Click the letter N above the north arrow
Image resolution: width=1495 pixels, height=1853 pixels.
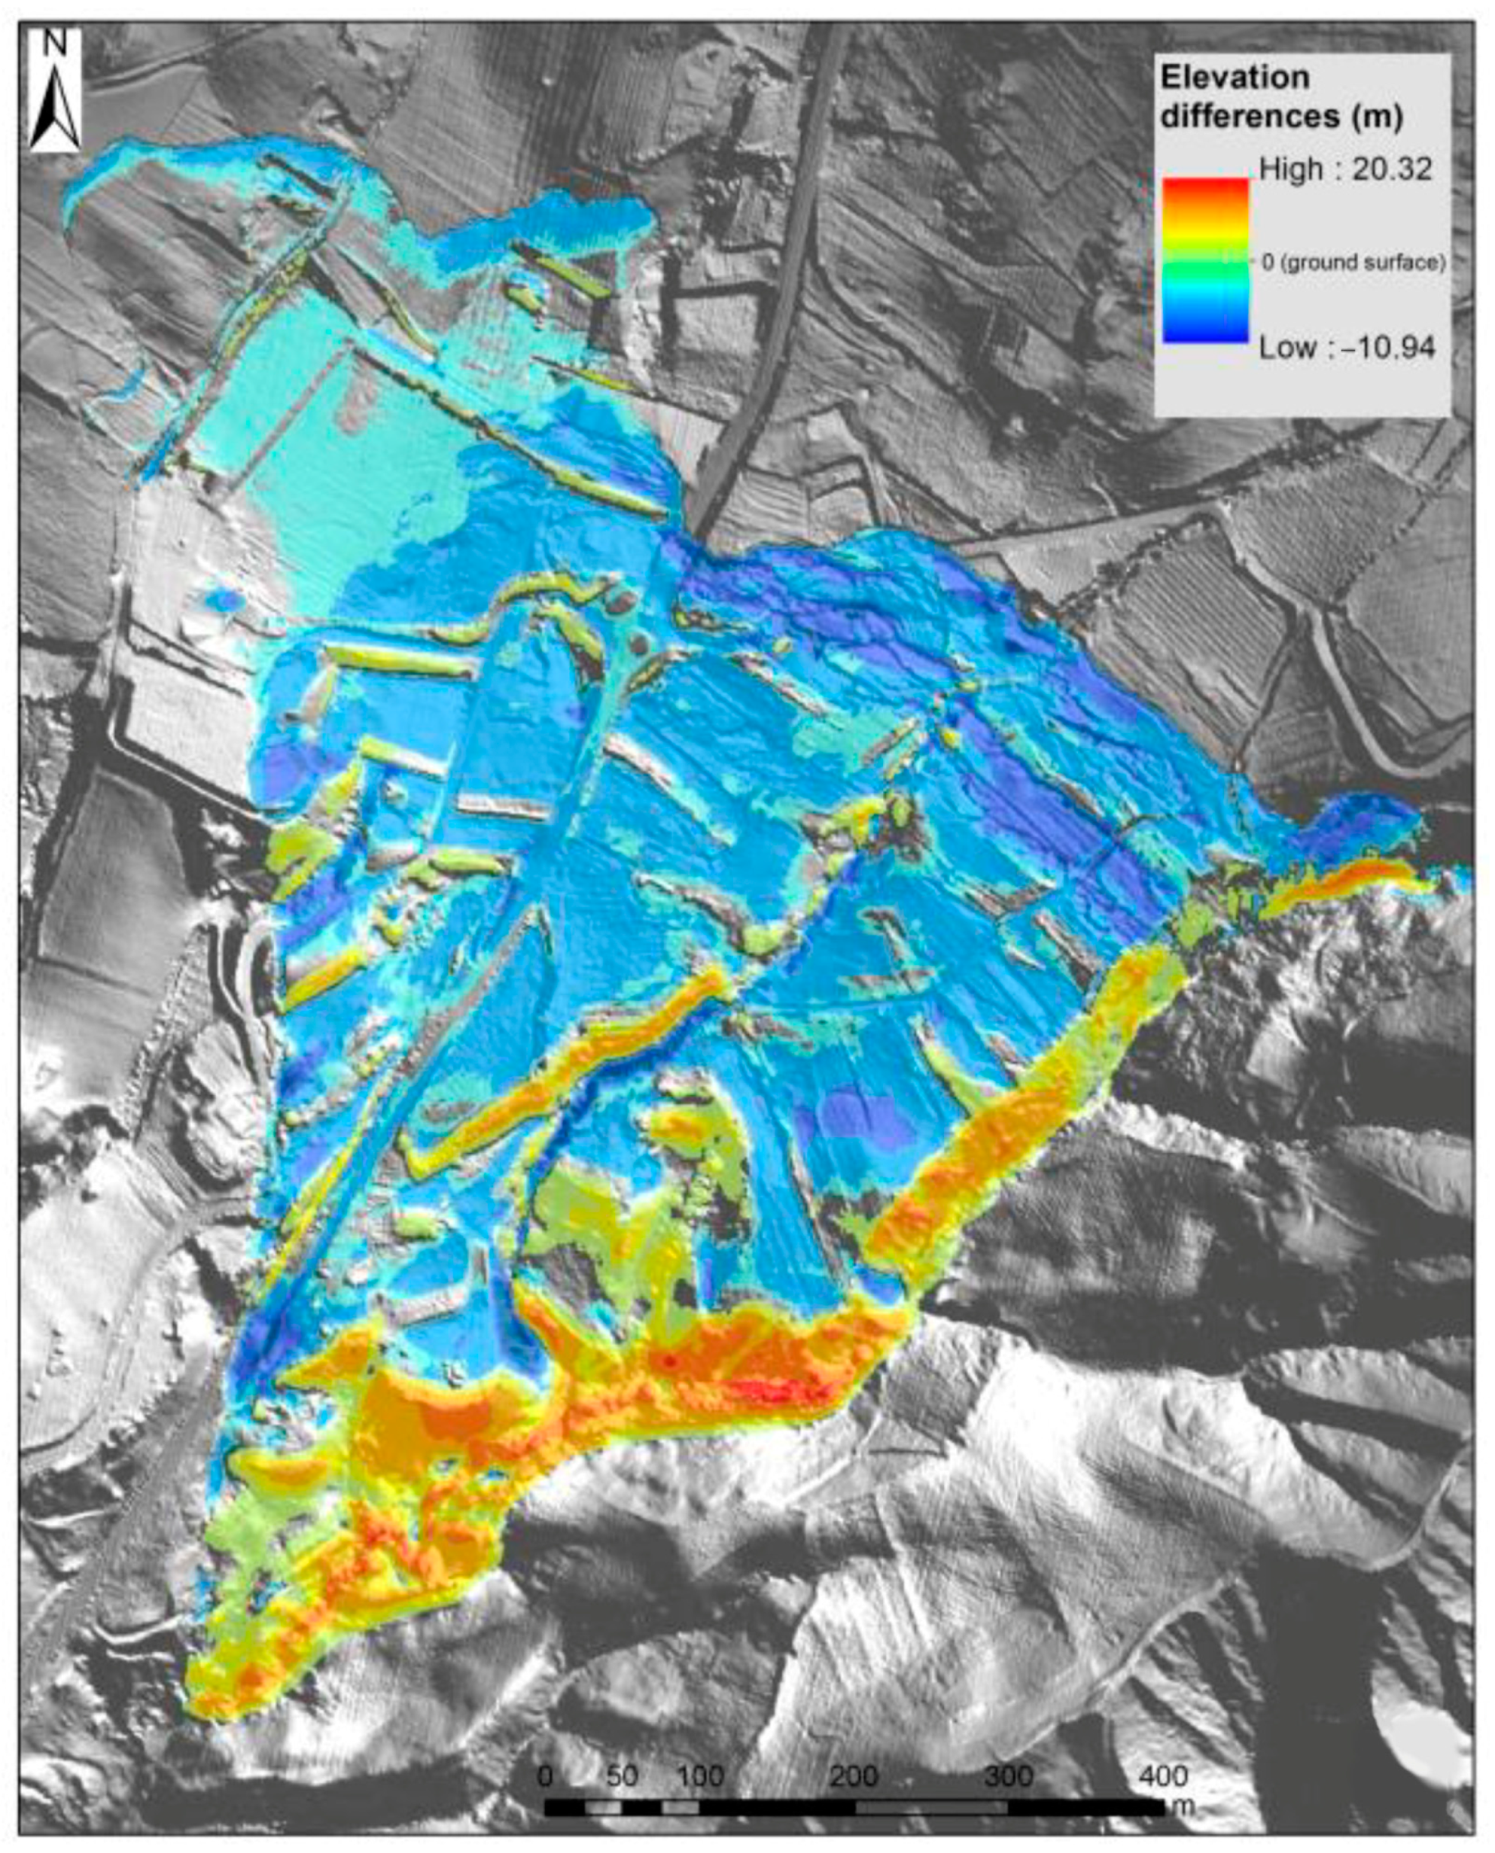55,44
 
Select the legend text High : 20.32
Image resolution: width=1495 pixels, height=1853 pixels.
1345,170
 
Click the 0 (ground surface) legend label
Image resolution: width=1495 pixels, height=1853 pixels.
1352,262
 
